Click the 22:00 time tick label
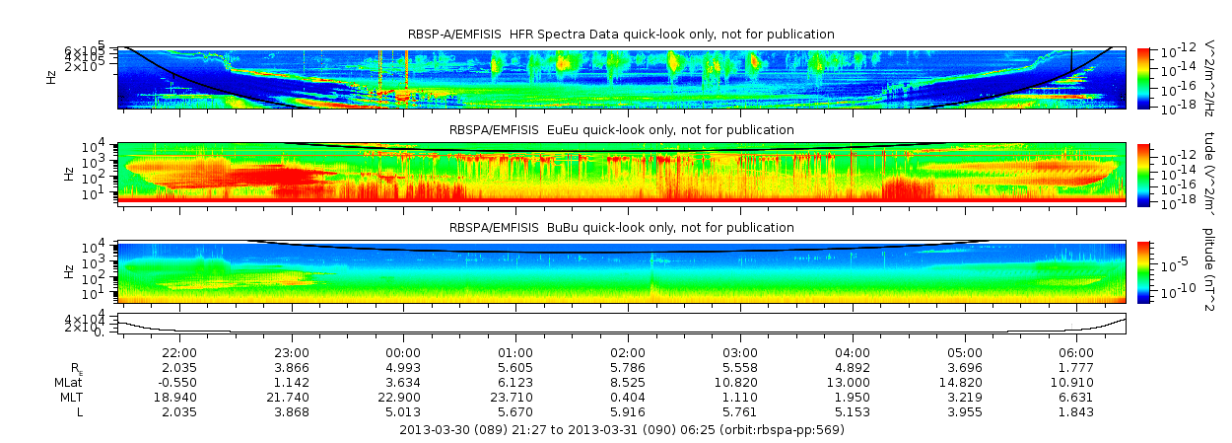click(x=179, y=352)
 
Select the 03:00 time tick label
click(x=740, y=352)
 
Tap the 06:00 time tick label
click(x=1076, y=352)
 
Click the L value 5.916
click(x=628, y=411)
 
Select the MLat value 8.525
click(x=628, y=382)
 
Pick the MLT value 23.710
click(x=515, y=397)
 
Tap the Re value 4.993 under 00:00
click(x=403, y=367)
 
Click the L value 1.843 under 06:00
click(x=1076, y=411)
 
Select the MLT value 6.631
click(x=1076, y=397)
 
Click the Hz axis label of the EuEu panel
click(x=68, y=174)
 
